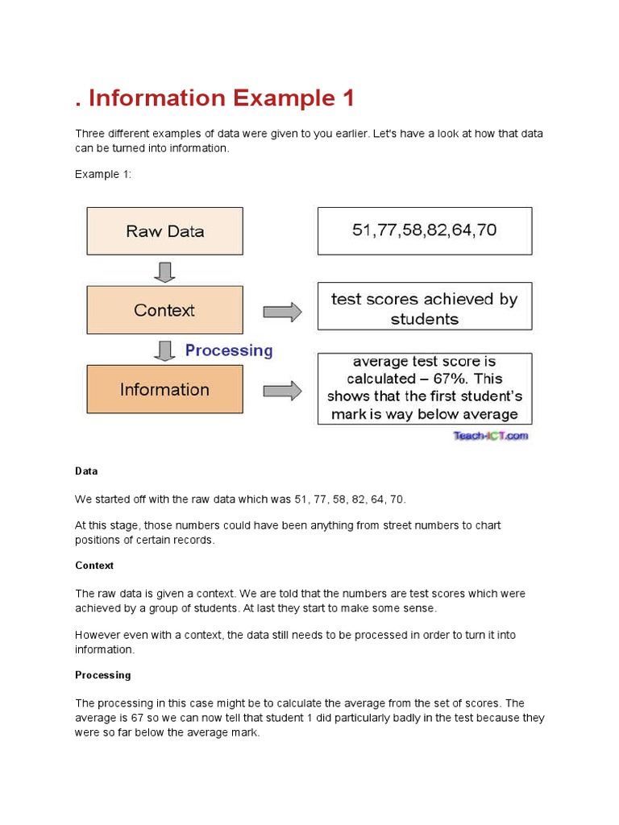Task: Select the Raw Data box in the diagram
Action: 164,231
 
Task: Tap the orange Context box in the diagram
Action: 164,310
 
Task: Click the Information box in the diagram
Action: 164,389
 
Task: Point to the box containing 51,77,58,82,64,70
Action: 424,230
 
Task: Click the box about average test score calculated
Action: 424,388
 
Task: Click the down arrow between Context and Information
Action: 164,350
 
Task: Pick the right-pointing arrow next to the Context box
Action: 282,312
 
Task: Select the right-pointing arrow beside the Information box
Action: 282,391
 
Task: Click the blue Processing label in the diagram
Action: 229,350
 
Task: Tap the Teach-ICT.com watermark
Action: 490,436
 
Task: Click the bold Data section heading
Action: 86,471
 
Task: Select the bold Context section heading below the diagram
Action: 94,566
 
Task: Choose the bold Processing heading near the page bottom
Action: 102,675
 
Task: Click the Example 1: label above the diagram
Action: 102,174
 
